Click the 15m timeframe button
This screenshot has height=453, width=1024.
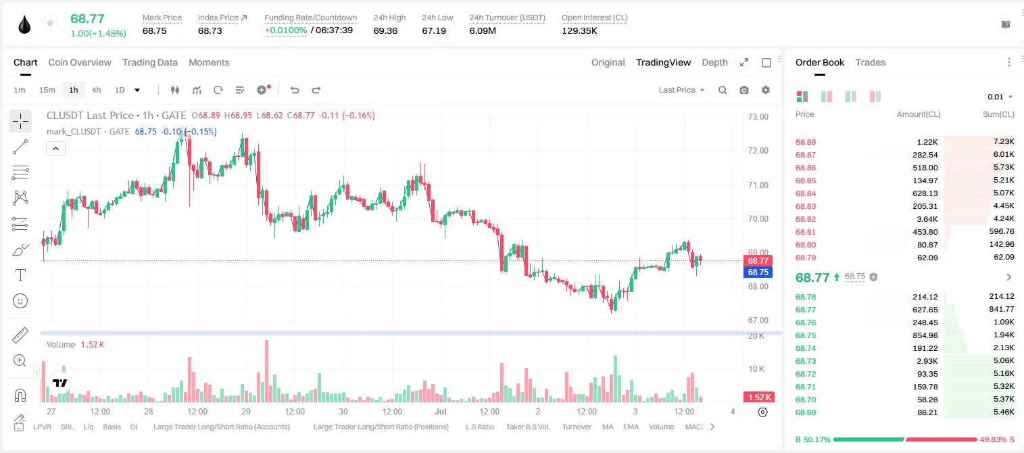(x=47, y=90)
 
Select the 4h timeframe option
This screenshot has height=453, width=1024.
(x=96, y=90)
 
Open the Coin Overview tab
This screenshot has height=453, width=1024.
(x=80, y=62)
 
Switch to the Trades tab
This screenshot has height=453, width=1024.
(x=871, y=62)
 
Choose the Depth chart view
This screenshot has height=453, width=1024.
(x=714, y=62)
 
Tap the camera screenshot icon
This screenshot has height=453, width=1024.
(x=744, y=90)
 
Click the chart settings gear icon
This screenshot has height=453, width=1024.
(x=766, y=90)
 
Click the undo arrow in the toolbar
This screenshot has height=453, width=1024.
(x=295, y=90)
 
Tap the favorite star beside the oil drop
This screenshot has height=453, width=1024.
(x=50, y=23)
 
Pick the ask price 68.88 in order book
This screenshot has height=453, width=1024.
(x=806, y=142)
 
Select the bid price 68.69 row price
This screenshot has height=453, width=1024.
(x=806, y=412)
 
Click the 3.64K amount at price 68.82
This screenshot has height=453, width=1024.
(x=927, y=219)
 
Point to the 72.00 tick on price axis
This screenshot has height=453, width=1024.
(x=758, y=150)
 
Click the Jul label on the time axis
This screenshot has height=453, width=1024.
(x=440, y=411)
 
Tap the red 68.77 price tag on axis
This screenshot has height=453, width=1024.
(x=758, y=260)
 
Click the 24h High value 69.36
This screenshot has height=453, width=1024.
(x=385, y=30)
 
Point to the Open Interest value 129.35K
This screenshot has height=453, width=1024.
(x=579, y=30)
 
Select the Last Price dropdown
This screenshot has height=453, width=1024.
(x=681, y=90)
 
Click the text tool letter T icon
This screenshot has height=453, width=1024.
(x=20, y=275)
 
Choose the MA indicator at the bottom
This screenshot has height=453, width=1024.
(x=608, y=427)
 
